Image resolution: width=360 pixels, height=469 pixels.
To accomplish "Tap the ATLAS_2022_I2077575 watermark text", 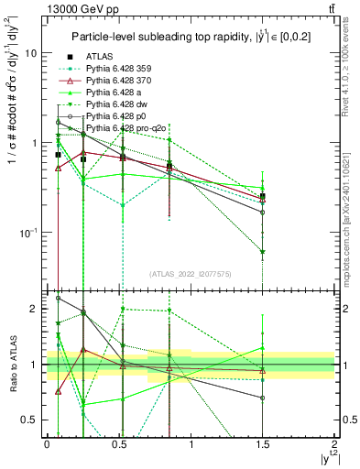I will (190, 274).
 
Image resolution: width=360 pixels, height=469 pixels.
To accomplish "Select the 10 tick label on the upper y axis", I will (30, 53).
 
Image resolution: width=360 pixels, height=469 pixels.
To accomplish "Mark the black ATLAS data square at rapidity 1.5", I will (263, 196).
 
